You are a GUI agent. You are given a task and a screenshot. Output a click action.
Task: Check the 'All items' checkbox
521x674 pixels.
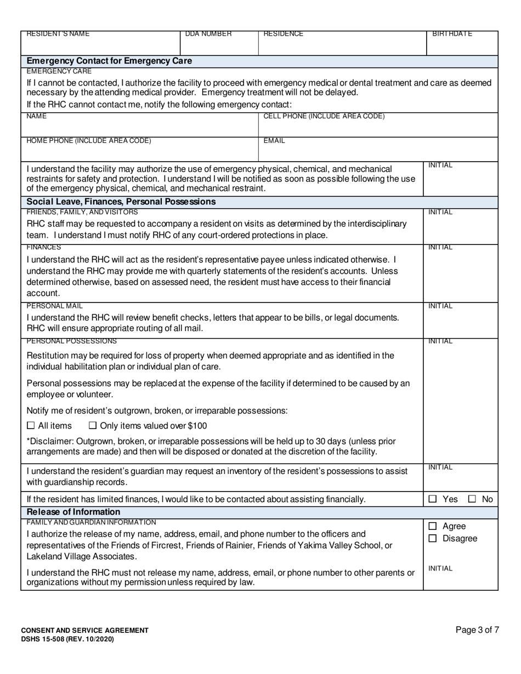tap(31, 426)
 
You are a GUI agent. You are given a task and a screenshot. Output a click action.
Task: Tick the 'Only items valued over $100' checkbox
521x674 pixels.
tap(93, 426)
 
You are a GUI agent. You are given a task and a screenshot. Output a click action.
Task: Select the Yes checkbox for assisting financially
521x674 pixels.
tap(433, 499)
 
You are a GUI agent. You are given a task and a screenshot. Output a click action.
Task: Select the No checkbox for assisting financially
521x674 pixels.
tap(472, 499)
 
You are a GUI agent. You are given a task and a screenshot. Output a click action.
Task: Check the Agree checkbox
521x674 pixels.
tap(433, 526)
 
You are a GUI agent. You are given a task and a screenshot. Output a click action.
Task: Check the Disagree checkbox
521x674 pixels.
tap(433, 539)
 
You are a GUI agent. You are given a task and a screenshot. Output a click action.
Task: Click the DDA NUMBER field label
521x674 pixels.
tap(208, 34)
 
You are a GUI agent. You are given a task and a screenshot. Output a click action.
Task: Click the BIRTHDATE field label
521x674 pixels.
tap(452, 34)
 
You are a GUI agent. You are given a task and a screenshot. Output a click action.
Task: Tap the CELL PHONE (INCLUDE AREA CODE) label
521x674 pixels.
tap(324, 116)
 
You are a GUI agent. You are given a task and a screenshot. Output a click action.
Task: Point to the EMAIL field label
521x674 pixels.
tap(274, 141)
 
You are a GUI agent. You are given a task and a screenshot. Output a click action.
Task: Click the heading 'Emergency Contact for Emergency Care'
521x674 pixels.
tap(109, 61)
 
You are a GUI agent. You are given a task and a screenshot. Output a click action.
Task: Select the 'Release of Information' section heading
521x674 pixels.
tap(73, 512)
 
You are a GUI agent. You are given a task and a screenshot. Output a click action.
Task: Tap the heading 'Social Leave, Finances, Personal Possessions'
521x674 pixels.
tap(121, 202)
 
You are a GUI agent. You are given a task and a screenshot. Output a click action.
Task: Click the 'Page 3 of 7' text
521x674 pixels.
tap(477, 630)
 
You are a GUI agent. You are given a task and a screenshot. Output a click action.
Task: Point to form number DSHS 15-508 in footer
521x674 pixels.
tap(67, 639)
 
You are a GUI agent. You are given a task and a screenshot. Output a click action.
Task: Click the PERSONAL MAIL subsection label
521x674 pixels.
tap(55, 306)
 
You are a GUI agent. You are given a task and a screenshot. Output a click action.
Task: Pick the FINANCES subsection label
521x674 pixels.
tap(44, 248)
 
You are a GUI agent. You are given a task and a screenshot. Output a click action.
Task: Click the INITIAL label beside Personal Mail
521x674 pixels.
tap(440, 306)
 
